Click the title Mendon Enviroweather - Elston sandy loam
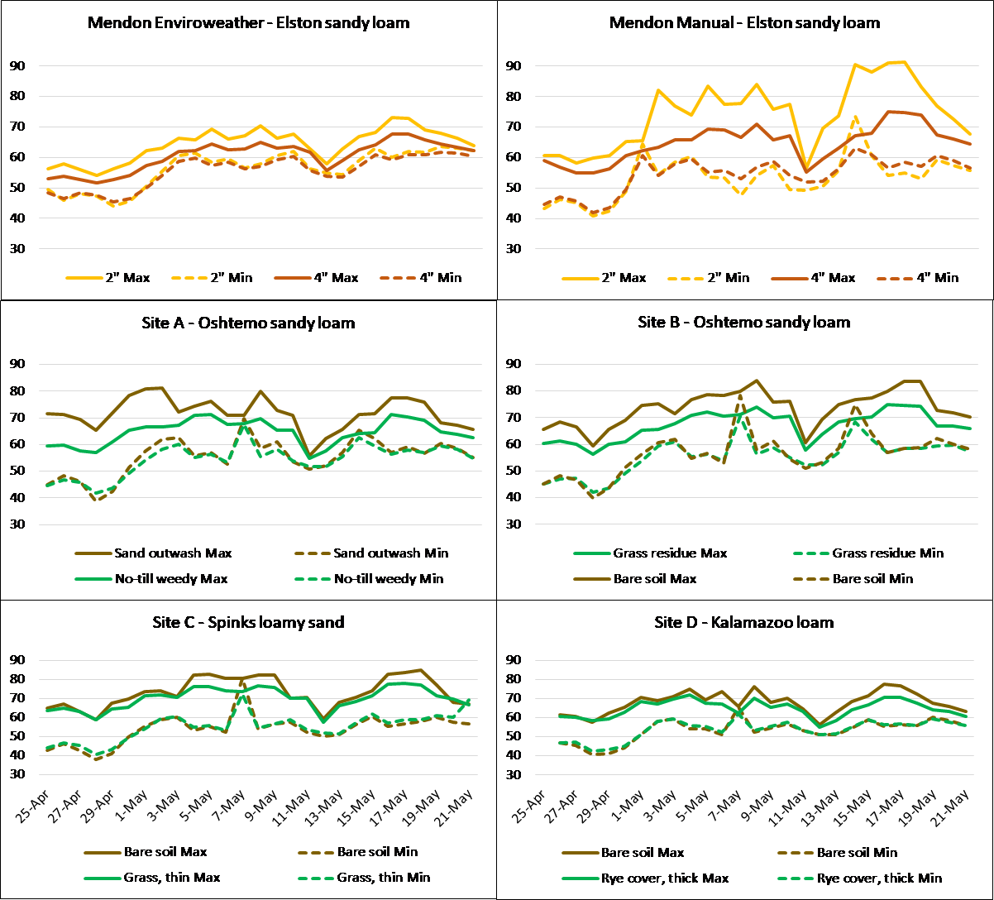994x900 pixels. (x=248, y=23)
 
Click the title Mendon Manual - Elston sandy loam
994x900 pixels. (x=744, y=23)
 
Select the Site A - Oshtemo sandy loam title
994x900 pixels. (x=248, y=323)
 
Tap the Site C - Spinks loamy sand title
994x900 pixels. (x=248, y=621)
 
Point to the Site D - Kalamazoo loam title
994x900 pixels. (x=744, y=621)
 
